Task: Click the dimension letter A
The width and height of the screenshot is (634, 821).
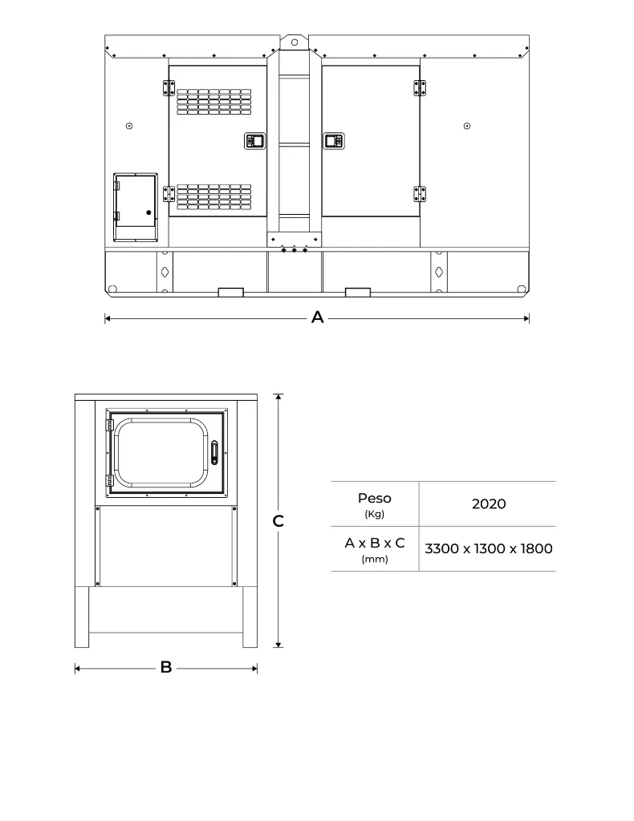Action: click(317, 318)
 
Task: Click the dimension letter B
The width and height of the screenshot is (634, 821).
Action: click(166, 667)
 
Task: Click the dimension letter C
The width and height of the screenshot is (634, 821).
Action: click(278, 521)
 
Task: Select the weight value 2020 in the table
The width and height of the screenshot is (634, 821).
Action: click(488, 504)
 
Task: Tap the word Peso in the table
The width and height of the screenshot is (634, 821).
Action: click(374, 499)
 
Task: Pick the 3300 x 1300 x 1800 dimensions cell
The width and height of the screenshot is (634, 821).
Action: click(488, 549)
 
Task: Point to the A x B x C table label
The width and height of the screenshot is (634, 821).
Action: click(375, 544)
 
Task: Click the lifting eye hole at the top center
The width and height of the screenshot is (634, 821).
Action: click(295, 42)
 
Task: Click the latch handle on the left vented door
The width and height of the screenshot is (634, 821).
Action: click(254, 141)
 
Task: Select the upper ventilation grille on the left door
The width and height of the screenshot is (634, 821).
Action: click(213, 102)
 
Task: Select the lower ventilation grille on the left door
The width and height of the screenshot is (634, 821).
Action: click(213, 197)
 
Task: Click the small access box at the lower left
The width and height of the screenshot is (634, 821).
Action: click(135, 206)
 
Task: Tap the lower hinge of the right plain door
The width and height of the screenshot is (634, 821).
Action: click(419, 193)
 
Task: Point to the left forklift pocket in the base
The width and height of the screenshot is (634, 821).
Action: click(230, 291)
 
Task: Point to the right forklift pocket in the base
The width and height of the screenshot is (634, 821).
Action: click(357, 291)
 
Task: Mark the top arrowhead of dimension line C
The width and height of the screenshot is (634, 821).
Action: click(278, 396)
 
